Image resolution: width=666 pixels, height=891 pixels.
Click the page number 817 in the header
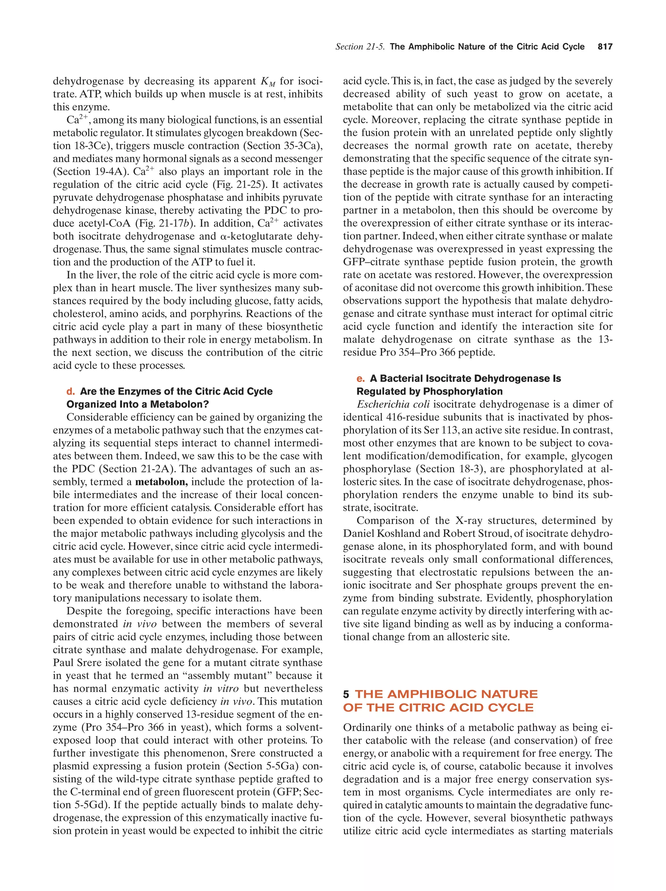click(605, 47)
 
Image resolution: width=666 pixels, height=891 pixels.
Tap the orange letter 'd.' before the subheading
click(71, 391)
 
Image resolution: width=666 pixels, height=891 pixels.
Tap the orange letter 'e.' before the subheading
click(360, 378)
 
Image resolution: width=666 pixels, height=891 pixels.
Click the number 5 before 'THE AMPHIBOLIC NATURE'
click(346, 694)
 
